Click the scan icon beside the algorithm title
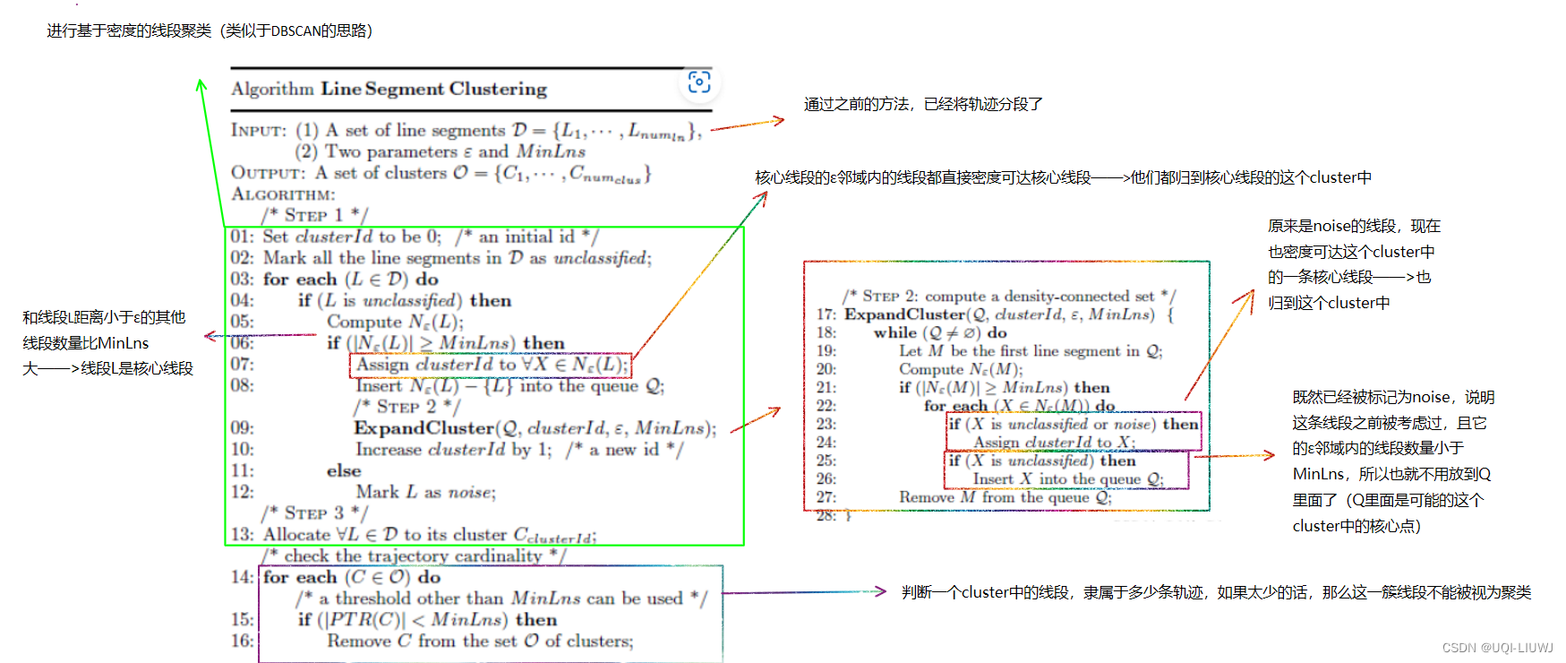point(699,82)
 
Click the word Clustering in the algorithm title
point(498,89)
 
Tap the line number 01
point(242,237)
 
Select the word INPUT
point(258,131)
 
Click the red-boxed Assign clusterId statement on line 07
point(490,365)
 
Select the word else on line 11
point(344,471)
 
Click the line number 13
point(242,535)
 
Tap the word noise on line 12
point(469,493)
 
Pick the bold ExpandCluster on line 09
point(424,428)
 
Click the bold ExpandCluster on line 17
point(905,314)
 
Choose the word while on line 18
point(895,332)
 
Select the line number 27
point(826,497)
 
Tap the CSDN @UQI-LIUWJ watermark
point(1497,648)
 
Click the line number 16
point(242,641)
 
